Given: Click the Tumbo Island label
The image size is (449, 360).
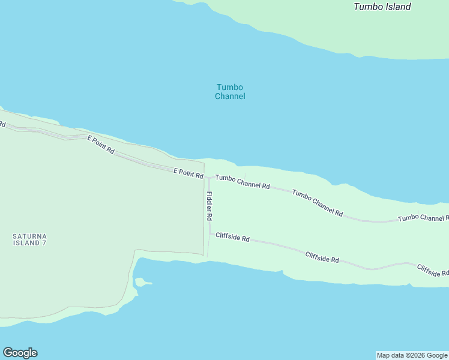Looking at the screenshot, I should (382, 7).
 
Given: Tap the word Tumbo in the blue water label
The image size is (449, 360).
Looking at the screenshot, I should (230, 87).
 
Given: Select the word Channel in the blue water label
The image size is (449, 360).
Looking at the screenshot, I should (230, 96).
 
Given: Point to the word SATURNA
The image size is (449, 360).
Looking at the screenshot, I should (29, 236).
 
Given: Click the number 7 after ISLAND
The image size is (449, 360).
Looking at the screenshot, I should (44, 243).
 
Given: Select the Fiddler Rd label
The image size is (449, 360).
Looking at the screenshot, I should (209, 205).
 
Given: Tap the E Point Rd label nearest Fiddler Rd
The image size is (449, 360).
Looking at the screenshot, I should (188, 173).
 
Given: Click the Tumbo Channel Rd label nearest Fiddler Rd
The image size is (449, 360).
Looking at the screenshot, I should (243, 182).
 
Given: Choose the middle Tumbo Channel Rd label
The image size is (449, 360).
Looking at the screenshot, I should (318, 202).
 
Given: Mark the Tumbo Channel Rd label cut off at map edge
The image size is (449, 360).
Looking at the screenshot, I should (423, 218).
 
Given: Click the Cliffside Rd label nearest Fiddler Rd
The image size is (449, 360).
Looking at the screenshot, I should (232, 238).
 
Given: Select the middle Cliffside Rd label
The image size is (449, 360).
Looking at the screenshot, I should (322, 257).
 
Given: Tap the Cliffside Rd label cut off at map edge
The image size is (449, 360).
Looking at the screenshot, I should (432, 271).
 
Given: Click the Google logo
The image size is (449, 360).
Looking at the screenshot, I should (20, 353).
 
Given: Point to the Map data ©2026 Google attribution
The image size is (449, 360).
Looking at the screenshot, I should (412, 355).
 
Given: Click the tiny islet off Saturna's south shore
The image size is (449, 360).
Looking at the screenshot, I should (142, 281).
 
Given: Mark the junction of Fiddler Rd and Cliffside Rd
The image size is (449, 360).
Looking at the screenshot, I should (209, 234).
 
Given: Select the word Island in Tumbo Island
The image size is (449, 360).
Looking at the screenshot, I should (397, 7).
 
